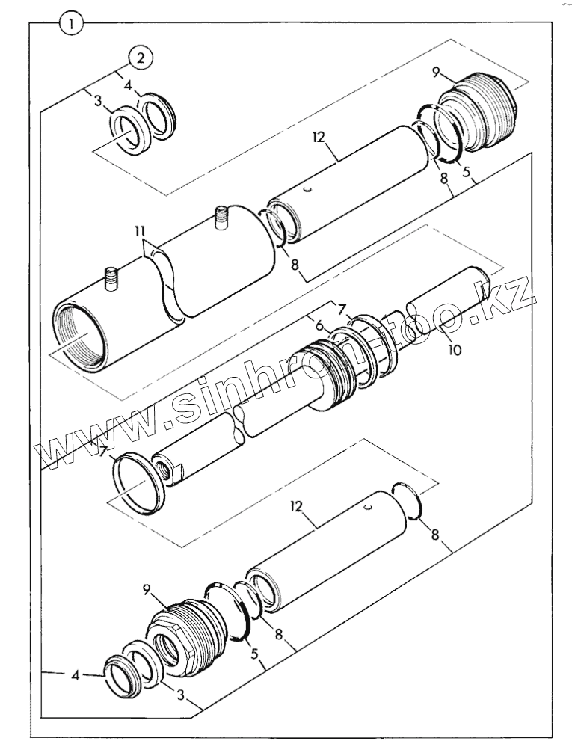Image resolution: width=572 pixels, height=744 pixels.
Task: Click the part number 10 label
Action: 455,349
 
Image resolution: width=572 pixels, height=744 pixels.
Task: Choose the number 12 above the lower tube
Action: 297,507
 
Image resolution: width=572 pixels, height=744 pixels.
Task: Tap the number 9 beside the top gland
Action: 437,73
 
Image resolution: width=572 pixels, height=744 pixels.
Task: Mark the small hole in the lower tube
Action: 367,510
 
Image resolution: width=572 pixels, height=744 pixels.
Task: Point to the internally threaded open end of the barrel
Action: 79,336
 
